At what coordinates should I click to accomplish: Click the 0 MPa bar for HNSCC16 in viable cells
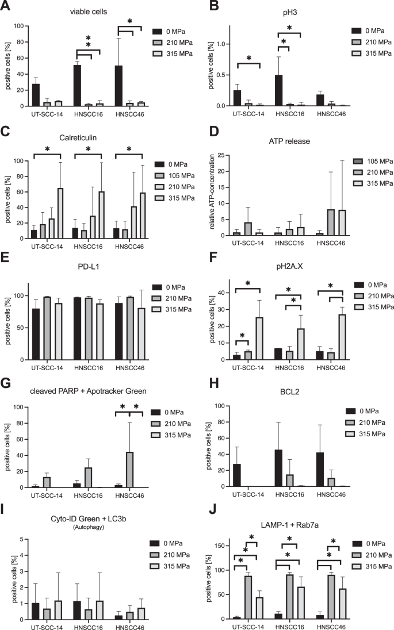pos(78,86)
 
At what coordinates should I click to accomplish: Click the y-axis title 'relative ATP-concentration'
pos(212,187)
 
